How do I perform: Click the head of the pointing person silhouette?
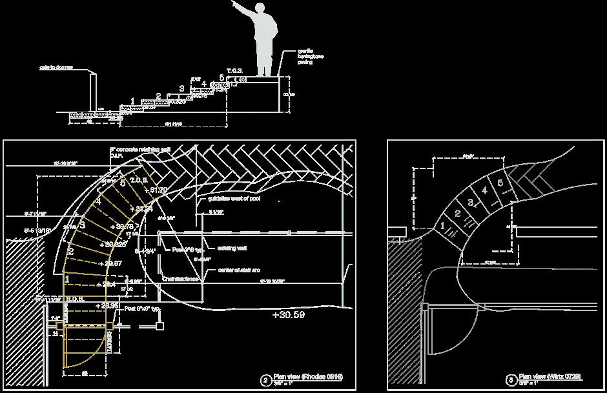[260, 8]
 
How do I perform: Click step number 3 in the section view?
[181, 88]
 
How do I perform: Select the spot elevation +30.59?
[288, 316]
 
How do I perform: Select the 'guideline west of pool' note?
[234, 199]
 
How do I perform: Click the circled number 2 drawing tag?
[265, 380]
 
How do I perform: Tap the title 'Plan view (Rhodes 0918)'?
[307, 376]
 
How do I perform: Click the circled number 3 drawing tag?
[511, 380]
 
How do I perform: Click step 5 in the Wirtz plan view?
[500, 183]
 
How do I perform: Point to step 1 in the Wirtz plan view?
[442, 226]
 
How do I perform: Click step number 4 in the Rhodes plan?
[99, 202]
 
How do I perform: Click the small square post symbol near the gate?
[159, 326]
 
